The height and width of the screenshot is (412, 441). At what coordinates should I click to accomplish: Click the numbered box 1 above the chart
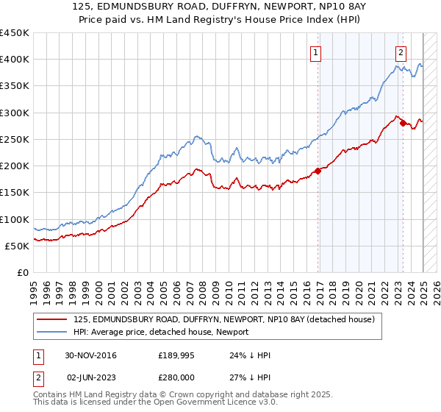pos(315,52)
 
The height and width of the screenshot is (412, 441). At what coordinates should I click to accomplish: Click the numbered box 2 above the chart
pos(401,52)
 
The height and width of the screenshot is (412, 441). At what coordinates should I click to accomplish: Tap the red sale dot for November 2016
pos(318,171)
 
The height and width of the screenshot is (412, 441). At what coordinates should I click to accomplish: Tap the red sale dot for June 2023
pos(403,123)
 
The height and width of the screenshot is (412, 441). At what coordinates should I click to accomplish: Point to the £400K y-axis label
pos(14,60)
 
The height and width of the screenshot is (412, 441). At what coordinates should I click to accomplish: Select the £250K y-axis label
pos(14,139)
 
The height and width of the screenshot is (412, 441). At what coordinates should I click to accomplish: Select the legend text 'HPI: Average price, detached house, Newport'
pos(161,332)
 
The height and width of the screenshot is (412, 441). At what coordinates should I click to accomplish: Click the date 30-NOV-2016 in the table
pos(90,355)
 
